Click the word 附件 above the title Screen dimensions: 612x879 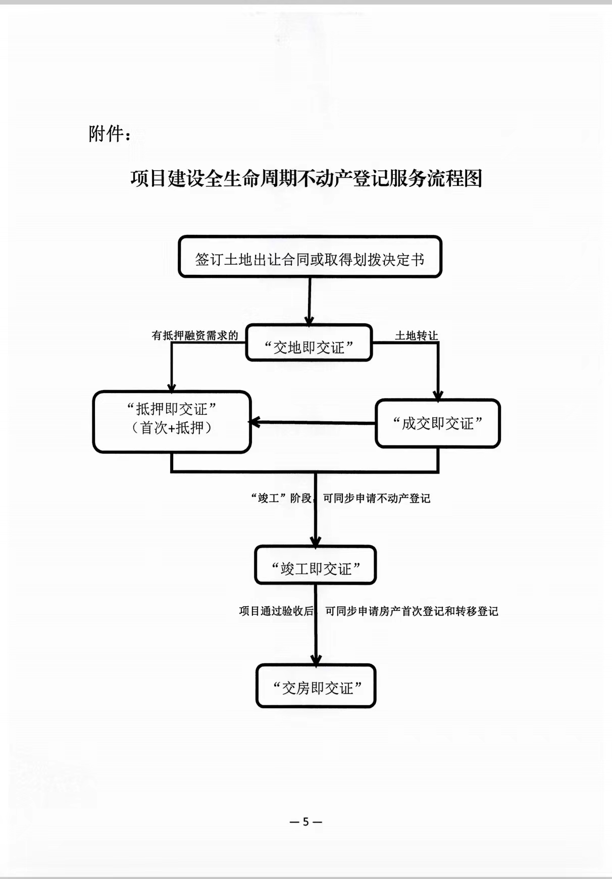(x=106, y=134)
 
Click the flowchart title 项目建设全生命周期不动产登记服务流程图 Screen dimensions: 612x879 (x=306, y=178)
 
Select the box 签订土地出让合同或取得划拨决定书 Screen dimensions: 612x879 (x=310, y=257)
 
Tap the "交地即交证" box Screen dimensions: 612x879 (x=309, y=343)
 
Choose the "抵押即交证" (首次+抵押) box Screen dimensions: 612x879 (x=172, y=422)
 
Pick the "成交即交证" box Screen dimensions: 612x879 (x=438, y=423)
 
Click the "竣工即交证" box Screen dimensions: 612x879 (x=316, y=565)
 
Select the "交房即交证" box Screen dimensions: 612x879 (x=316, y=686)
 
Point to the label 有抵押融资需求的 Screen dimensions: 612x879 (x=195, y=335)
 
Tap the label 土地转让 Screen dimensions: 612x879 (x=416, y=336)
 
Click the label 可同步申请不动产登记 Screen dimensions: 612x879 (x=377, y=499)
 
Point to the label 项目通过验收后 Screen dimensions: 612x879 (x=276, y=611)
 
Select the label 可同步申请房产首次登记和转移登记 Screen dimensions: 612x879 (x=412, y=611)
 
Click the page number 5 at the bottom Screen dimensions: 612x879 (x=305, y=822)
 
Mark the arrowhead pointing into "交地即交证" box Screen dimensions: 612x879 (x=309, y=321)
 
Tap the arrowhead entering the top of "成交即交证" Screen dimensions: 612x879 (x=438, y=396)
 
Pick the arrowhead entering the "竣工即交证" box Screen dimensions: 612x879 (x=316, y=542)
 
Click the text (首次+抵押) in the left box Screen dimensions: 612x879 (x=172, y=428)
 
